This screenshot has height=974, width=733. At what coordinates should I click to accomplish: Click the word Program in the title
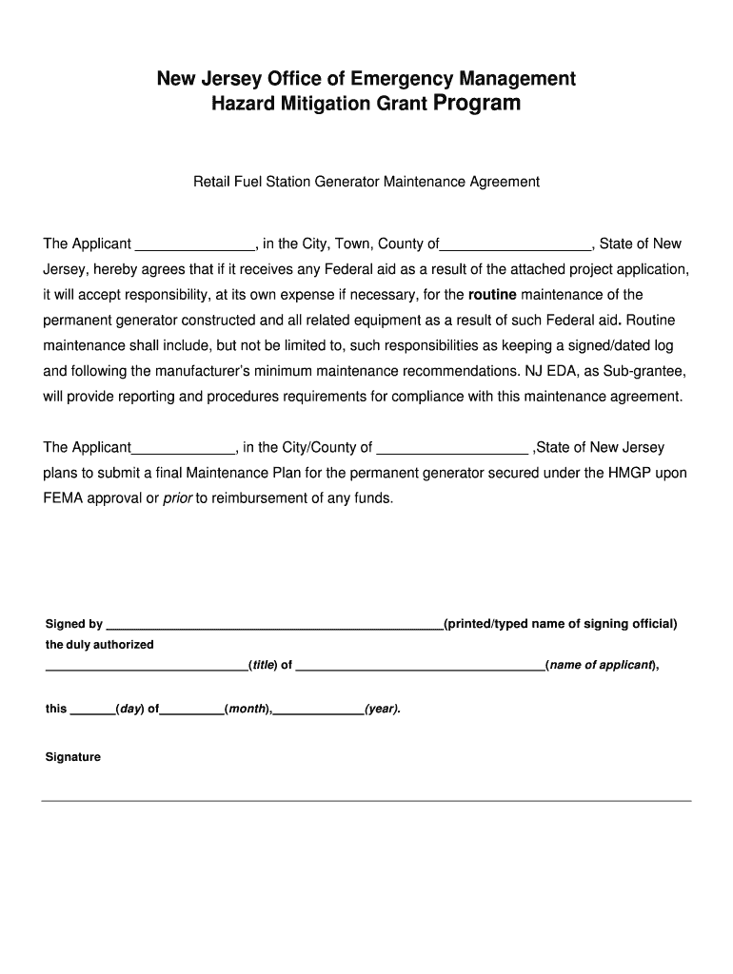pos(477,103)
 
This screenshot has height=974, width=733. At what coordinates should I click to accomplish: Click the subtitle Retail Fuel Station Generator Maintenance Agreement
pos(366,181)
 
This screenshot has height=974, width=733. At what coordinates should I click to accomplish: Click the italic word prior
pos(178,497)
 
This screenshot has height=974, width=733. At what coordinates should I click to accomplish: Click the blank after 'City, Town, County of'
pos(517,245)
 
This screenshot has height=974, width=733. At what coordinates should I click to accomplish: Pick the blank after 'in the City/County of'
pos(453,448)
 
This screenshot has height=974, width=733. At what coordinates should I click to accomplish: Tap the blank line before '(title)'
pos(146,666)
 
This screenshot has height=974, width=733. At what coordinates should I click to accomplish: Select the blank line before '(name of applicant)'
pos(420,666)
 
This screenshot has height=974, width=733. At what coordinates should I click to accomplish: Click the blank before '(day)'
pos(92,710)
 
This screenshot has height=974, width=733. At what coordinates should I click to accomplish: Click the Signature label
pos(73,757)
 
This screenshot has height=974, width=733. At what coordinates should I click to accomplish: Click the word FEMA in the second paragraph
pos(63,497)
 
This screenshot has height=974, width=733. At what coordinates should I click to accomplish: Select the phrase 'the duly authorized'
pos(100,645)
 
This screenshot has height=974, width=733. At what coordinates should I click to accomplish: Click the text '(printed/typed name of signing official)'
pos(561,624)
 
